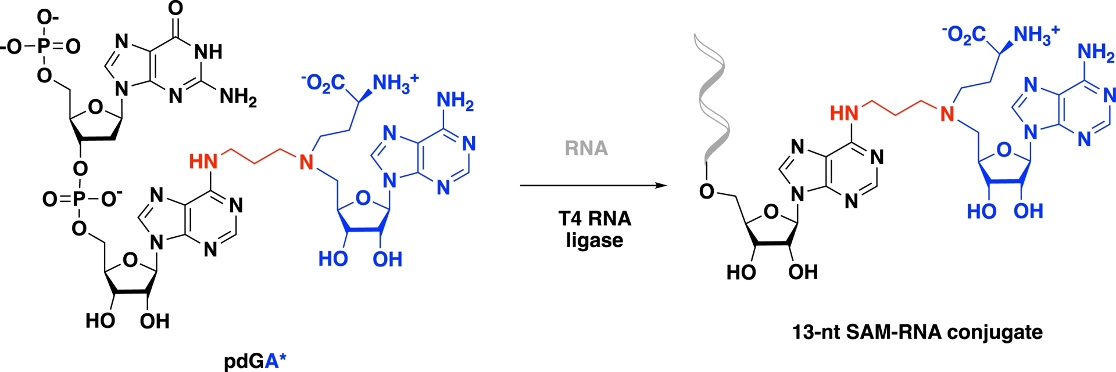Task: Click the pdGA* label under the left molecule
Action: (x=255, y=361)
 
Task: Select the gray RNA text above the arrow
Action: (x=586, y=149)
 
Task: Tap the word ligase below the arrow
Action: (x=594, y=240)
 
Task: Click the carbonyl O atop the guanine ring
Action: (x=175, y=8)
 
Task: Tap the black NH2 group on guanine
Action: (x=238, y=96)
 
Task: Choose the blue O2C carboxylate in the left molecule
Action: (x=324, y=83)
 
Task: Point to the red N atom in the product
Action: (x=947, y=114)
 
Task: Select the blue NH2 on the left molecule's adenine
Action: (x=455, y=102)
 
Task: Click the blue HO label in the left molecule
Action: (x=332, y=259)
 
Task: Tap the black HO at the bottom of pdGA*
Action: (x=100, y=321)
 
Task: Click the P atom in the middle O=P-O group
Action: (x=80, y=200)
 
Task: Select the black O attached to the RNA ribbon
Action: (x=707, y=191)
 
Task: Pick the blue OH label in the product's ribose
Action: (x=1028, y=211)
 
